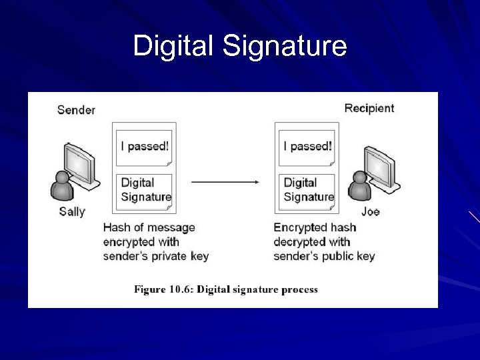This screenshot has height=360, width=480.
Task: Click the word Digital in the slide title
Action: tap(175, 46)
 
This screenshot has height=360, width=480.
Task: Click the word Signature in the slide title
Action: tap(285, 47)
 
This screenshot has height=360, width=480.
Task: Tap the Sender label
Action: tap(76, 109)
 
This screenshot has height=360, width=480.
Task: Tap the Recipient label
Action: tap(369, 108)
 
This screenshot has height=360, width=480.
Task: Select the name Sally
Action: tap(72, 211)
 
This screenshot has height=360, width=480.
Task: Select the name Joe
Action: tap(371, 211)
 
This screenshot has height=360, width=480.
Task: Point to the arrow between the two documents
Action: tap(225, 181)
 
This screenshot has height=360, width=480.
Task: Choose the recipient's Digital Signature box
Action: tap(308, 189)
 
